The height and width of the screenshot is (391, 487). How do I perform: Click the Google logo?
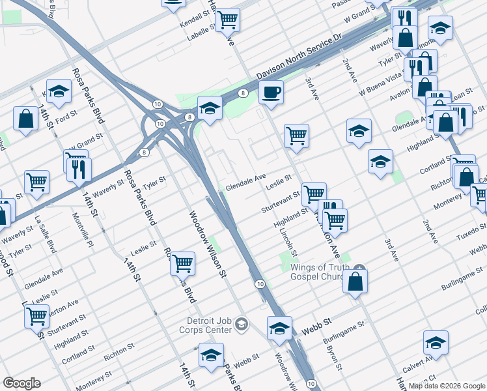[x=21, y=383]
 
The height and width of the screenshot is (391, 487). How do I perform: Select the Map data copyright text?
[x=447, y=386]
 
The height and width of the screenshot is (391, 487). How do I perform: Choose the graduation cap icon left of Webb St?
[x=279, y=328]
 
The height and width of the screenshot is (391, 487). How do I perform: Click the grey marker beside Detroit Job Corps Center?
[x=242, y=324]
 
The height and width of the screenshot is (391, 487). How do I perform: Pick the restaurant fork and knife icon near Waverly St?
[x=79, y=168]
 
